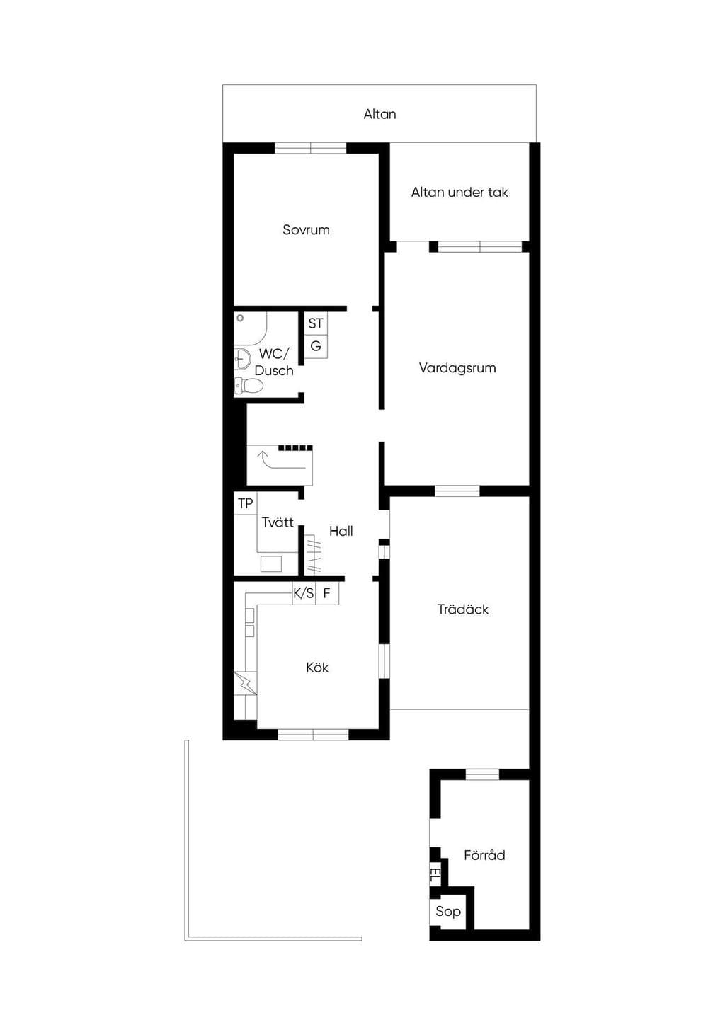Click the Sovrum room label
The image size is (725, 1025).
coord(306,230)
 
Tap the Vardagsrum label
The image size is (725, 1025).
coord(457,368)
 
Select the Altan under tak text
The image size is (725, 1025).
coord(459,193)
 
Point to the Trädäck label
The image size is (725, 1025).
coord(463,609)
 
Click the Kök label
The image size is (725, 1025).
coord(317,667)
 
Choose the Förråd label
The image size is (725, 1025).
coord(484,855)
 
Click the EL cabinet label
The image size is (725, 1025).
coord(434,876)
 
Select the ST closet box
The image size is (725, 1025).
coord(316,323)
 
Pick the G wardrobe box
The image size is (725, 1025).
coord(316,346)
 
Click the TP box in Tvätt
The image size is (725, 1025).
coord(246,503)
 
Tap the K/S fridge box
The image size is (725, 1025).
coord(304,593)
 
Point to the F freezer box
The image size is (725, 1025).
coord(327,593)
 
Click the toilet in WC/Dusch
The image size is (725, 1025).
coord(249,386)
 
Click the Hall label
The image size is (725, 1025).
coord(341,531)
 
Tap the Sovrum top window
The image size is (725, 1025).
coord(310,148)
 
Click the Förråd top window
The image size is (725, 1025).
coord(482,774)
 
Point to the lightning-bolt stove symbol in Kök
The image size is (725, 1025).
coord(246,684)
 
